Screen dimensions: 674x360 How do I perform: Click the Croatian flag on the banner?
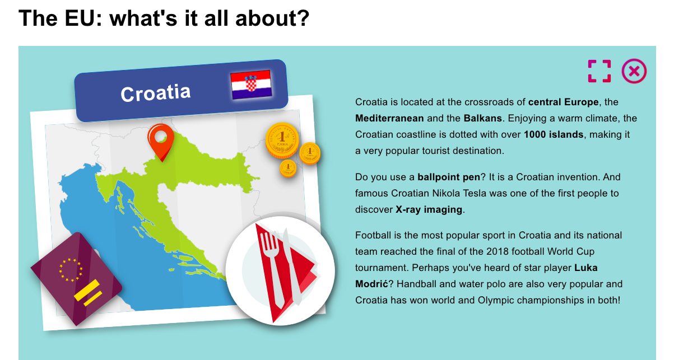(x=251, y=85)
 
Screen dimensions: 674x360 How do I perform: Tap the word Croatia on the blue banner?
(x=156, y=93)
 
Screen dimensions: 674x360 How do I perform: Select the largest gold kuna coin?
(x=282, y=140)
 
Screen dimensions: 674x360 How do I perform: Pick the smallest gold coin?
(x=288, y=168)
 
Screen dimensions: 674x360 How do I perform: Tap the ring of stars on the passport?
(x=71, y=270)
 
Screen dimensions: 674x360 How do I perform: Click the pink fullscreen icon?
(x=599, y=71)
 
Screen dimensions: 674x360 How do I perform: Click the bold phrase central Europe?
(x=563, y=102)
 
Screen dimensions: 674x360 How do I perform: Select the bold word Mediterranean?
(x=389, y=118)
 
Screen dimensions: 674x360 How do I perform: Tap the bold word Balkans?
(x=482, y=118)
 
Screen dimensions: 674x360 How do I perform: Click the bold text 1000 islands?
(x=554, y=134)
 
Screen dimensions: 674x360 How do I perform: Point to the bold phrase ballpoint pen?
(x=449, y=177)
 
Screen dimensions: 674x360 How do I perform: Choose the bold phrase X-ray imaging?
(x=429, y=209)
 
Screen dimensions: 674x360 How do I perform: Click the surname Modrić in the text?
(x=371, y=284)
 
